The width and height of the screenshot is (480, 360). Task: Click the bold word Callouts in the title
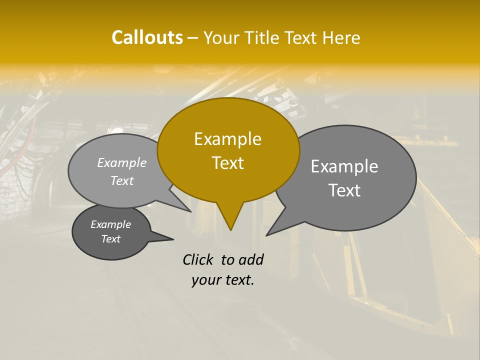(147, 37)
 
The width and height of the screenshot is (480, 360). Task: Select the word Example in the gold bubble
(227, 139)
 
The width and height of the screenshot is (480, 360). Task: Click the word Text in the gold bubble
(227, 162)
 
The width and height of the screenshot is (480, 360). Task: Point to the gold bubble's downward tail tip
(230, 229)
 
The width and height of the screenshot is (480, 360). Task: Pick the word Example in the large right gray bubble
(344, 166)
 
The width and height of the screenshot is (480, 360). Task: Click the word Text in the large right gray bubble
(344, 190)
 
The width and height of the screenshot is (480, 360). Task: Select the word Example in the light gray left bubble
(122, 162)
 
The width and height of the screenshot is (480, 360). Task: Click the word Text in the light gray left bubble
(122, 180)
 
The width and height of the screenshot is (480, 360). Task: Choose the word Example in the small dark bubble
(110, 224)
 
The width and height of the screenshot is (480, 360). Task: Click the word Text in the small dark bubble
(110, 239)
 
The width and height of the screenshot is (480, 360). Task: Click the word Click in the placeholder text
(198, 259)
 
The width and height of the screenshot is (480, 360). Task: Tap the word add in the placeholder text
(251, 259)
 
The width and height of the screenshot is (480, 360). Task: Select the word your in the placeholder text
(205, 280)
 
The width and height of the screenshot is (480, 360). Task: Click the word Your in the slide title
(220, 37)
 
